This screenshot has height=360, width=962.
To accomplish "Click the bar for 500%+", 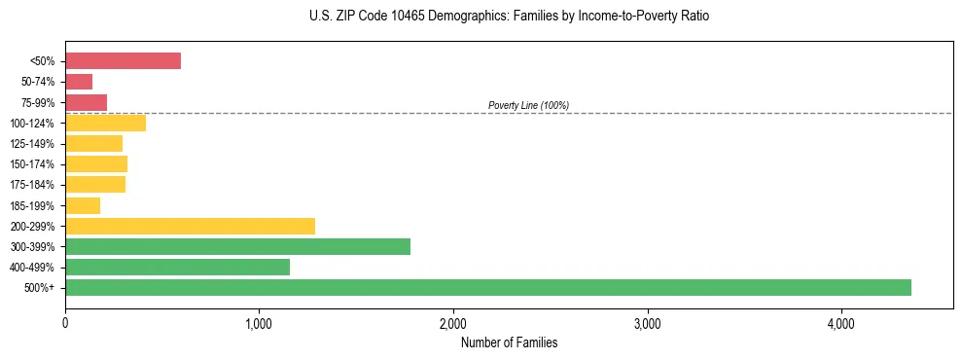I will pos(487,287).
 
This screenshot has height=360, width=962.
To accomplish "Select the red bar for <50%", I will pos(123,61).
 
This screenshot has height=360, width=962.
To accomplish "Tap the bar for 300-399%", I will pos(237,246).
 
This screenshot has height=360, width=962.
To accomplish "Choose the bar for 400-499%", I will pos(177,267).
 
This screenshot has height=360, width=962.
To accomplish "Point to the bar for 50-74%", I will pos(79,82).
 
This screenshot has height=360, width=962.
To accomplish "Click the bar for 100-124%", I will pos(105,123).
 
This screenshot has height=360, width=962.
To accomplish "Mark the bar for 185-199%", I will pos(83,205).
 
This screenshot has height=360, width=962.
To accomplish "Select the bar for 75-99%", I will pos(86,102).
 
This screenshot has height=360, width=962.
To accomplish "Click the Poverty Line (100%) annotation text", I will pos(528,105).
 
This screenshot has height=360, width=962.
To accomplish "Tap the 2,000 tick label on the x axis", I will pos(453,323).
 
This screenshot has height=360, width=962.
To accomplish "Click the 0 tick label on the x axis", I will pos(65,323).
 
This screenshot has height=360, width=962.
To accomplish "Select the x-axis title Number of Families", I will pos(509,342).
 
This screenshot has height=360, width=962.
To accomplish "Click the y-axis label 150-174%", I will pos(33,164).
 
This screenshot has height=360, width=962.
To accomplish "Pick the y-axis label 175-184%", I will pos(33,185).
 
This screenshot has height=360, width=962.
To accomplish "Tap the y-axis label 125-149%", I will pos(33,144).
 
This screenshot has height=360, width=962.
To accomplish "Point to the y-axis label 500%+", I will pos(41,288).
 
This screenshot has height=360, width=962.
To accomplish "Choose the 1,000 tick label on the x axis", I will pos(259,323).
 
